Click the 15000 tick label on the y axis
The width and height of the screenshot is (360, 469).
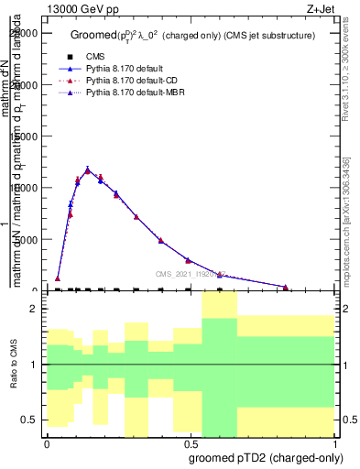point(27,136)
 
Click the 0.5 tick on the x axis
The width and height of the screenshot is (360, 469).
point(191,442)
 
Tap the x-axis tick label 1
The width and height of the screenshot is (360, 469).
point(334,442)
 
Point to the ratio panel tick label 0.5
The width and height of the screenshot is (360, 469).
point(32,420)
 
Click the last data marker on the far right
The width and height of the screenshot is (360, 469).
point(286,288)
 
